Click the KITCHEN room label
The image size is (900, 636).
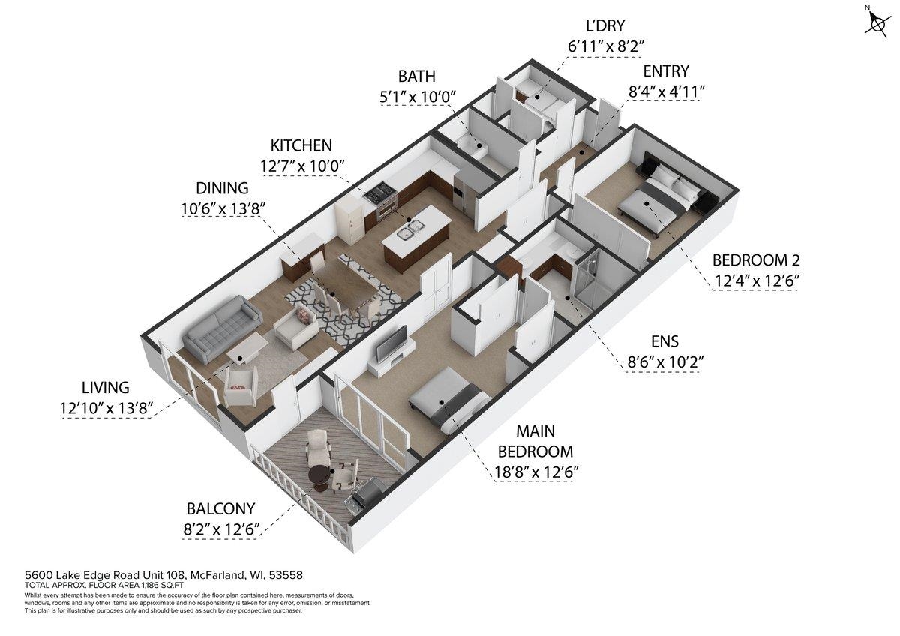(301, 145)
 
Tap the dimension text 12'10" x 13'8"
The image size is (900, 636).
(106, 408)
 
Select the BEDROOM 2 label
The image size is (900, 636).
(755, 260)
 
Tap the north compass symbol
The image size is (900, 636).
(874, 22)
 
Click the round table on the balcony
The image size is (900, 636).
(319, 475)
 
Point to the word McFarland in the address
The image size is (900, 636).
(217, 575)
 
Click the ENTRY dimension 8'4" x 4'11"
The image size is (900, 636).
(666, 91)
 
